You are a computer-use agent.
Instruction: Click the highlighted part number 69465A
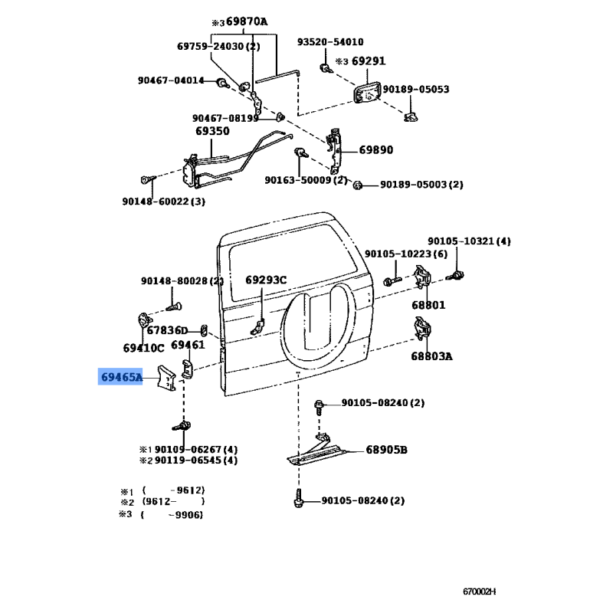[x=122, y=377]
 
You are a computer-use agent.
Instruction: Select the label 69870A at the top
[x=247, y=21]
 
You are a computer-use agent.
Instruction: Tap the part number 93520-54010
[x=330, y=42]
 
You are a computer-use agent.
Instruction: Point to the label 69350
[x=212, y=131]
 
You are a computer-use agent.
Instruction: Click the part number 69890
[x=376, y=150]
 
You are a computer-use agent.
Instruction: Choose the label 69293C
[x=266, y=280]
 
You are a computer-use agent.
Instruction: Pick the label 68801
[x=428, y=305]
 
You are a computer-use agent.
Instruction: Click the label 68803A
[x=431, y=356]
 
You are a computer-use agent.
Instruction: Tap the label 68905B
[x=387, y=450]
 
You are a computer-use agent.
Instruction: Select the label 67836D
[x=167, y=331]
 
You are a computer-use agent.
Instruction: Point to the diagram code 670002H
[x=480, y=592]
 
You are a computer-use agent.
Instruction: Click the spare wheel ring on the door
[x=286, y=333]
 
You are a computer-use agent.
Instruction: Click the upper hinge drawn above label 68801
[x=422, y=277]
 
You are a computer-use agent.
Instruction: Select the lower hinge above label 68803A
[x=422, y=329]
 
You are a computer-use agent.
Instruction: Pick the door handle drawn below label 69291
[x=368, y=93]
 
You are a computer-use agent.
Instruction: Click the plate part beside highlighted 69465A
[x=166, y=377]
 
